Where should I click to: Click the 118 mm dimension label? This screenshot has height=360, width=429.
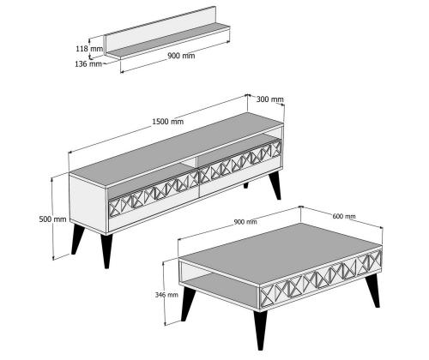89,49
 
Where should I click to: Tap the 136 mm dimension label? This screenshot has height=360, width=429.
88,64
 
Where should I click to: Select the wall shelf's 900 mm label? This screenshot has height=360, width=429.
181,56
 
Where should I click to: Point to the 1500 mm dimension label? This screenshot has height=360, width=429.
167,122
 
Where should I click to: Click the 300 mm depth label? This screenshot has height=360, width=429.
269,99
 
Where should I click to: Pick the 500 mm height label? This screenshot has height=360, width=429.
52,219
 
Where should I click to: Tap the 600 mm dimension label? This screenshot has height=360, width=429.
344,216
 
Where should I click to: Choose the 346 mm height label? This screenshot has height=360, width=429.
166,295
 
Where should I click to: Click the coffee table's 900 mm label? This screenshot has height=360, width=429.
245,222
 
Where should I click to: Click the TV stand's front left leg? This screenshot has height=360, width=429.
106,251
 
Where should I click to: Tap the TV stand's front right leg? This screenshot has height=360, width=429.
275,185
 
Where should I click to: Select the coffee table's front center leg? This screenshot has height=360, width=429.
260,330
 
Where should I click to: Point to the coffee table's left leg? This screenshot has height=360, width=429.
188,303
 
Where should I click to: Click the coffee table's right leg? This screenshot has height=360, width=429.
373,291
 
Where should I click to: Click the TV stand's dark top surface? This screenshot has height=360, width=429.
176,149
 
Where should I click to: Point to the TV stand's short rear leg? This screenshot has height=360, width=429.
246,185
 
